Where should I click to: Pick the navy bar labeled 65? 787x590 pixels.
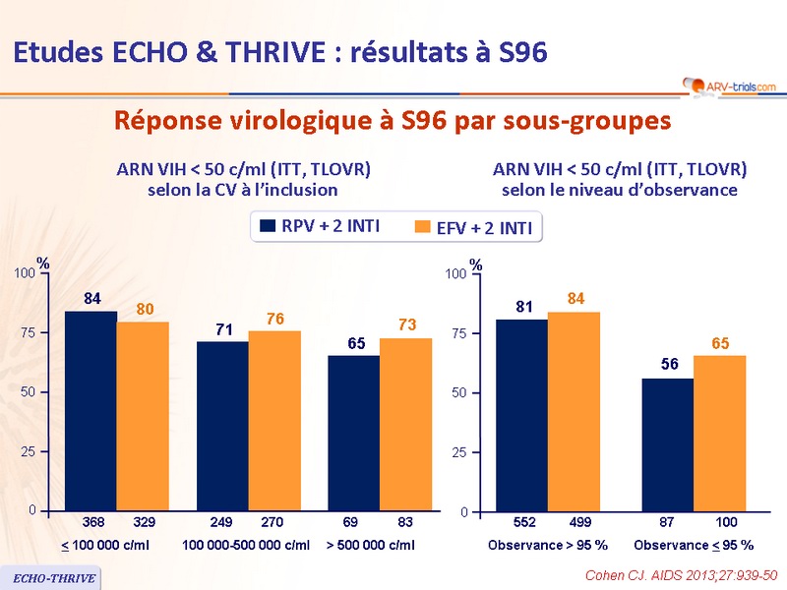pos(353,433)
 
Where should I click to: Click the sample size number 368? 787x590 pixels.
pos(91,519)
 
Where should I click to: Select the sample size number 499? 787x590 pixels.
pos(574,520)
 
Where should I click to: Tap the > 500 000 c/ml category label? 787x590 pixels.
pos(370,545)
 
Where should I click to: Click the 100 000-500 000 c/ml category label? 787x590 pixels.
pos(246,545)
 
